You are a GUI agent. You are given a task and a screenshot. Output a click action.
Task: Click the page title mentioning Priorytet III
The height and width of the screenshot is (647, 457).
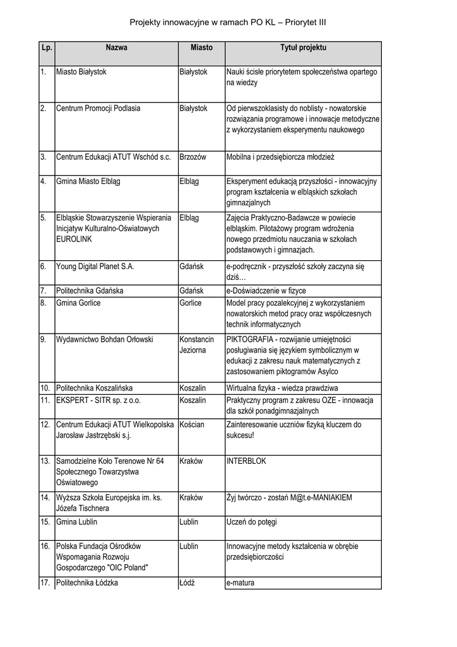(x=228, y=23)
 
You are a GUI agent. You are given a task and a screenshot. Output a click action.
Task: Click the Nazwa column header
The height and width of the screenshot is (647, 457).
(x=116, y=48)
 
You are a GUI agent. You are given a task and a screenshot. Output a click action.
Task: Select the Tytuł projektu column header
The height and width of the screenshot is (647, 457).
(x=303, y=48)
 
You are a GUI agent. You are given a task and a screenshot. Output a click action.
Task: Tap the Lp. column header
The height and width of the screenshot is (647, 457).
(x=47, y=48)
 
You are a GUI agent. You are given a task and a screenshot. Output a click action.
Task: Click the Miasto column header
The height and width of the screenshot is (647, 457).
(x=201, y=48)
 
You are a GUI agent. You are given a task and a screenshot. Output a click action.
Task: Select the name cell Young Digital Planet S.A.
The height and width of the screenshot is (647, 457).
(x=95, y=267)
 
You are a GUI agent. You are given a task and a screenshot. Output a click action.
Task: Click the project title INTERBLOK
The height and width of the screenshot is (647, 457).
(x=246, y=461)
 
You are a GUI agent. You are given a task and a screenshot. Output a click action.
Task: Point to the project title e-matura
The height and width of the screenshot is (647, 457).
(x=240, y=583)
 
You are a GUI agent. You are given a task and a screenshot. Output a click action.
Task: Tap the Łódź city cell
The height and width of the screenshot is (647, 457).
(x=187, y=583)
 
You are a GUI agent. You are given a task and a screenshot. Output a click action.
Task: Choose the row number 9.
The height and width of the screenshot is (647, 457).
(x=44, y=339)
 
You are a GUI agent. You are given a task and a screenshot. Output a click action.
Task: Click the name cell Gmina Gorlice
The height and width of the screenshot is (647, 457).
(x=78, y=303)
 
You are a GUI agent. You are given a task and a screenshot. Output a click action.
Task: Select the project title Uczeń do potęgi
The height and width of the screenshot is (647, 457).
(x=251, y=522)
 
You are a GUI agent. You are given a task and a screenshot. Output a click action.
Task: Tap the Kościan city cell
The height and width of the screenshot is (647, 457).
(x=192, y=425)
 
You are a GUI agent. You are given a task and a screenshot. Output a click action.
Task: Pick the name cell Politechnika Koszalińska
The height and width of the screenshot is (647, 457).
(x=95, y=388)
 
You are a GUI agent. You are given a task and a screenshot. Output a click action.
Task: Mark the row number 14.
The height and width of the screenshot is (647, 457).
(x=45, y=498)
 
